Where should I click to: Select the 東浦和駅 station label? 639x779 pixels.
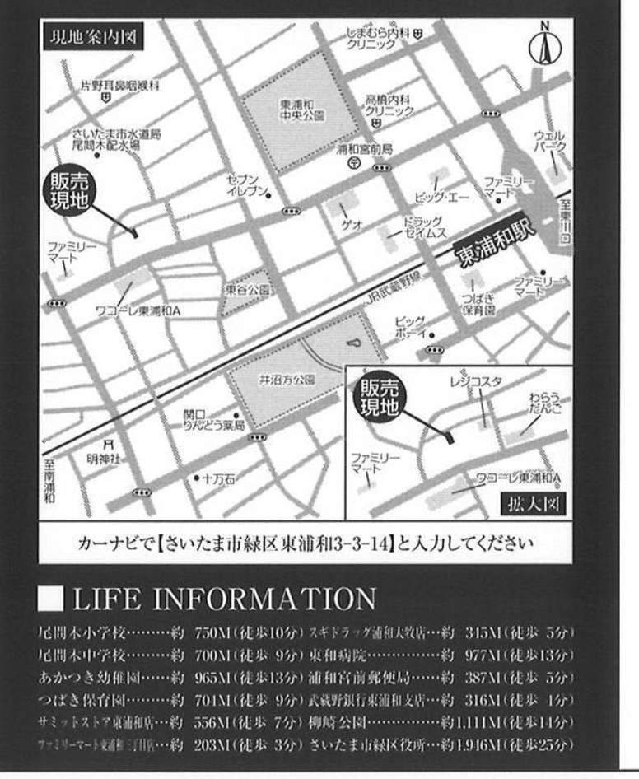point(496,245)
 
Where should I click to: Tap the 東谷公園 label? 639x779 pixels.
point(245,290)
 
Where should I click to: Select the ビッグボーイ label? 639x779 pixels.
point(409,326)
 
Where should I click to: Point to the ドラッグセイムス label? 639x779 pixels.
point(423,226)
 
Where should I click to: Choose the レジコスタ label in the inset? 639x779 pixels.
point(476,380)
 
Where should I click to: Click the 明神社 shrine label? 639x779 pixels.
point(104,458)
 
